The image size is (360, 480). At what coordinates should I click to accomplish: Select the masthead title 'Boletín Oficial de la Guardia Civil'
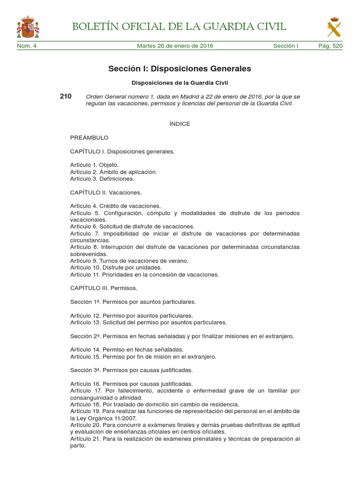tap(179, 26)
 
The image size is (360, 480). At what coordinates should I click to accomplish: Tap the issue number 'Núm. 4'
tap(27, 46)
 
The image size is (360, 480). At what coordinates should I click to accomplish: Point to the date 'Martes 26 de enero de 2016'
tap(175, 46)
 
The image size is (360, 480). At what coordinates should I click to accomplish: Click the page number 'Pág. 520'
tap(330, 46)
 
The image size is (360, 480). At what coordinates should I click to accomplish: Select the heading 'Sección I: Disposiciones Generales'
tap(180, 69)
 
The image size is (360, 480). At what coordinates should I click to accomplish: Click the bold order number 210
tap(66, 96)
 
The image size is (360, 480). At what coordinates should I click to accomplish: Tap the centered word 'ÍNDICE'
tap(180, 124)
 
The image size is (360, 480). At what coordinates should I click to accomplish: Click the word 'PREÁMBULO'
tap(89, 138)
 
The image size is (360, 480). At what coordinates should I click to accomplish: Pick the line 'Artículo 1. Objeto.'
tap(94, 165)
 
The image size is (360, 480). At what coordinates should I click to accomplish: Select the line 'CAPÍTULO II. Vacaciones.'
tap(105, 192)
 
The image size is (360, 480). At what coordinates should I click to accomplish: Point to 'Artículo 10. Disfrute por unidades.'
tap(116, 268)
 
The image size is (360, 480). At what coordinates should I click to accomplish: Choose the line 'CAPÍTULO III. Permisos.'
tap(104, 288)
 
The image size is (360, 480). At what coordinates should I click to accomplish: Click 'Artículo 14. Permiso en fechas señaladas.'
tap(127, 350)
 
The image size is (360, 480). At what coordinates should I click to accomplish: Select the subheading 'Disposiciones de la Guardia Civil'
tap(180, 82)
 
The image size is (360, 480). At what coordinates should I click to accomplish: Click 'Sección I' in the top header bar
tap(285, 46)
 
